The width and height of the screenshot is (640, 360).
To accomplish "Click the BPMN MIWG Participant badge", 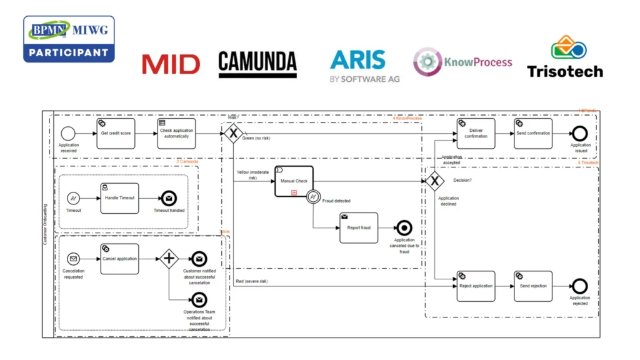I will [69, 39].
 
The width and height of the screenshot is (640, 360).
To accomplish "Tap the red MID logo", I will [170, 64].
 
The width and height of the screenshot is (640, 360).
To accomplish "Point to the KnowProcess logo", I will [462, 62].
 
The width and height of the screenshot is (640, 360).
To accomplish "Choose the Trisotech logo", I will [564, 57].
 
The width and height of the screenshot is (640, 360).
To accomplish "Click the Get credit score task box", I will [116, 134].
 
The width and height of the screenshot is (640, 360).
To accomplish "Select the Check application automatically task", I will [176, 134].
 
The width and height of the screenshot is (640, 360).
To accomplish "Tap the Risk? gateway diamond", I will [233, 133].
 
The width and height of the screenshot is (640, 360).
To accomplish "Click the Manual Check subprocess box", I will [294, 181].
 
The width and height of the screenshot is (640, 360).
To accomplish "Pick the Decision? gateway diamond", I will [435, 181].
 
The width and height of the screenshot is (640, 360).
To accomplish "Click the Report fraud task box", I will [358, 227].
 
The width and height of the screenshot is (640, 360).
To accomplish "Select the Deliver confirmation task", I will [476, 134].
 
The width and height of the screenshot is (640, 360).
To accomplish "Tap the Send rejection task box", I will [533, 286].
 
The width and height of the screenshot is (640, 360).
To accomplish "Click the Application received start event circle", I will [68, 134].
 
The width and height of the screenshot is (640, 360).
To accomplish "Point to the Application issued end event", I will [579, 134].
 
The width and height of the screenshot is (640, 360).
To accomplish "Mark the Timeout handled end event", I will [169, 199].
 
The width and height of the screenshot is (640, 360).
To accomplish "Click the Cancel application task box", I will [119, 259].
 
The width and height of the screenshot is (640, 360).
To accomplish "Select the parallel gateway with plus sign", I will [168, 259].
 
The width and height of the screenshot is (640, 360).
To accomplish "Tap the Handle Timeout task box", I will [120, 199].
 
